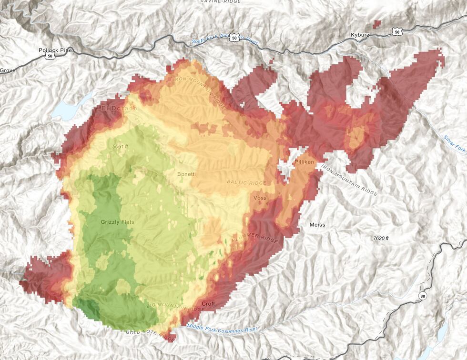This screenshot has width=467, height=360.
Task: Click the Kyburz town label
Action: [360, 35]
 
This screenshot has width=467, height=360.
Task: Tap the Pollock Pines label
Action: [57, 50]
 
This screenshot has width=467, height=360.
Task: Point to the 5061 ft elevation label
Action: [121, 146]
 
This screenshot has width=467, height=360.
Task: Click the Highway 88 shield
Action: [422, 296]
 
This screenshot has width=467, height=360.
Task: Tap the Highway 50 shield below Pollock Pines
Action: [50, 56]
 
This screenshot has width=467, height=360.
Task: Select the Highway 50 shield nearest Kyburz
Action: [397, 32]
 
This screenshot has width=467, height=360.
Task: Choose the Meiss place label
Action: [317, 225]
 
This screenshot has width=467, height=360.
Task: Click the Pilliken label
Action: [304, 162]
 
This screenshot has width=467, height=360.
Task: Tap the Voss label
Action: [260, 198]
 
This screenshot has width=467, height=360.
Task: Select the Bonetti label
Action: [186, 174]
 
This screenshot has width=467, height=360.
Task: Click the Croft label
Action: [208, 303]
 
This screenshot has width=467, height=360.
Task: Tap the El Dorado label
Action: [119, 109]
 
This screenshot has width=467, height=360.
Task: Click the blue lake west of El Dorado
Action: [67, 110]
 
